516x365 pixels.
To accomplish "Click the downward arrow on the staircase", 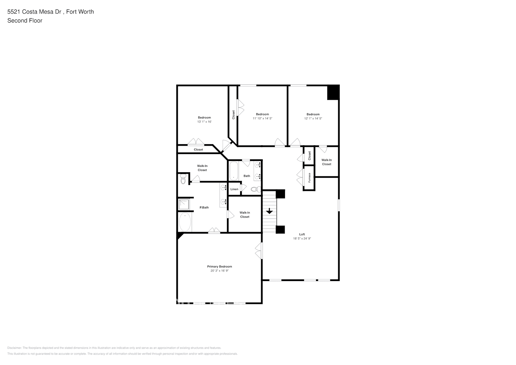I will point(269,211).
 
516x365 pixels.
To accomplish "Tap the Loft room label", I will point(302,234).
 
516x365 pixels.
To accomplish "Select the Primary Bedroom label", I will point(219,266).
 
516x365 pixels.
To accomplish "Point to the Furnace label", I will point(309,178).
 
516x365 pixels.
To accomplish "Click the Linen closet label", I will point(234,189).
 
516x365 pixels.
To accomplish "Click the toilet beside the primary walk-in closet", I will point(183,180).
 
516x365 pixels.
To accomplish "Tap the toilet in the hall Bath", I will point(257,189).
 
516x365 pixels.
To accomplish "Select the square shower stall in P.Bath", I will point(185,204).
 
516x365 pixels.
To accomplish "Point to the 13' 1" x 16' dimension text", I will point(204,122).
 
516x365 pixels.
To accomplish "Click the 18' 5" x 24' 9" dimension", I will point(302,239).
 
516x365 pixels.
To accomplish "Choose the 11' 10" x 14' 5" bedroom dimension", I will point(262,119).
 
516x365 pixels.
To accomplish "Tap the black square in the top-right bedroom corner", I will point(333,93).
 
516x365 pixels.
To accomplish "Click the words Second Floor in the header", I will point(25,20).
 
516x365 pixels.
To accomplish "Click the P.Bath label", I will point(204,208).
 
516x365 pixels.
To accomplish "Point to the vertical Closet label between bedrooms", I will point(233,115).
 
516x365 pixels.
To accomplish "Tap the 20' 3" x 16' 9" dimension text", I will point(219,271).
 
